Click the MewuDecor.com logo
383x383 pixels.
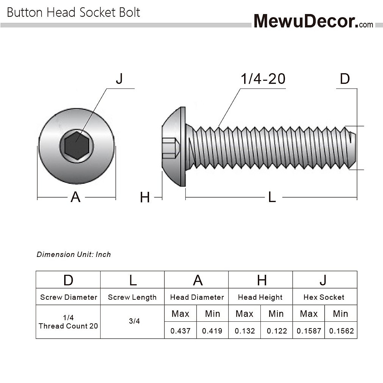click(313, 21)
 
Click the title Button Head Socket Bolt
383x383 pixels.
click(73, 12)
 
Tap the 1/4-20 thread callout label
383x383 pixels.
click(263, 79)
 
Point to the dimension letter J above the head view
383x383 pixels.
click(119, 79)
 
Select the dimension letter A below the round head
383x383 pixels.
click(75, 197)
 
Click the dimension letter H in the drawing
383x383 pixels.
click(145, 198)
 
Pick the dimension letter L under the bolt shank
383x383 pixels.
click(272, 198)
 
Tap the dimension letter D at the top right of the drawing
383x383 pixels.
click(345, 79)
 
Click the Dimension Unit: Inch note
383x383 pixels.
click(74, 254)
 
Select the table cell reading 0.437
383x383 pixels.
click(180, 331)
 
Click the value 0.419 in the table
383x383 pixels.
click(212, 331)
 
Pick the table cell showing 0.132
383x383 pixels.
click(245, 331)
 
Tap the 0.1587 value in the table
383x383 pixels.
click(309, 331)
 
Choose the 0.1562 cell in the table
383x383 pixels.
click(341, 331)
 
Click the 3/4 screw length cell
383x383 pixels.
click(134, 321)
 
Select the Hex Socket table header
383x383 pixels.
click(324, 297)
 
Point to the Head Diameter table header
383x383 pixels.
click(197, 297)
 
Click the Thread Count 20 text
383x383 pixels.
click(68, 326)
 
